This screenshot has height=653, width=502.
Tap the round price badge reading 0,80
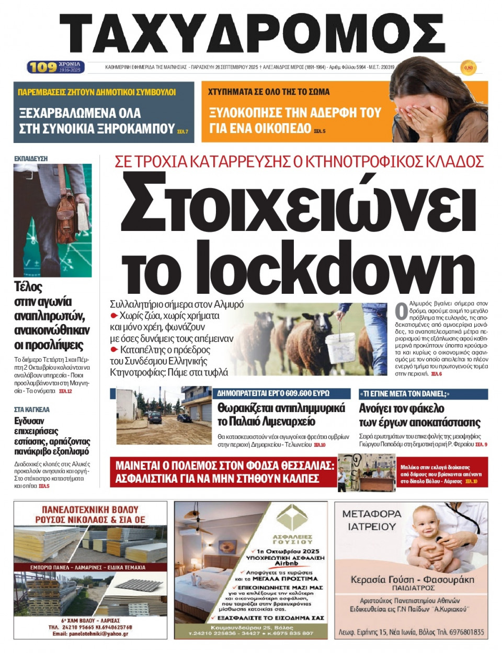[x=468, y=68]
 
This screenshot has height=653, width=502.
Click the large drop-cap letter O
[x=401, y=311]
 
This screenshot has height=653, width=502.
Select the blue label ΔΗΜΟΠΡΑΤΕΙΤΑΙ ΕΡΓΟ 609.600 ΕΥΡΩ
[x=273, y=393]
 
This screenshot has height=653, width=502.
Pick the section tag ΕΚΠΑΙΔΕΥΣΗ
[x=31, y=158]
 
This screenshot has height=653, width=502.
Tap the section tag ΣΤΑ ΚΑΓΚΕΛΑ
[x=32, y=409]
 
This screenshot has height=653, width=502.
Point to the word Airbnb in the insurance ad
[x=287, y=563]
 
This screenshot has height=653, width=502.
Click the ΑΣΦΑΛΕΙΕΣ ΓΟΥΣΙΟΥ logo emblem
[x=292, y=518]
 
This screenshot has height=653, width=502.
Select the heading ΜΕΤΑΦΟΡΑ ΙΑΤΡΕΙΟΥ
[x=372, y=520]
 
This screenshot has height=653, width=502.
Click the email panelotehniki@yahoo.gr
[x=90, y=634]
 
